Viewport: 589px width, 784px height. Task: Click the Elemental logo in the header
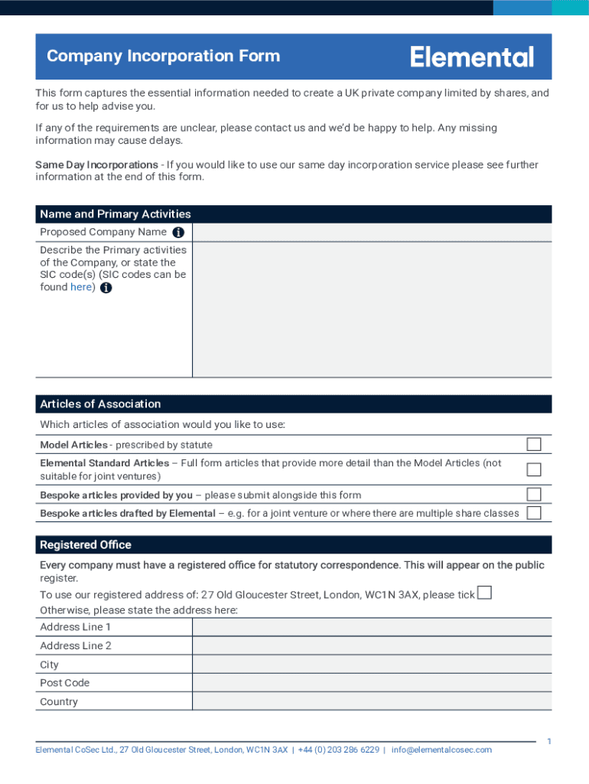(x=472, y=57)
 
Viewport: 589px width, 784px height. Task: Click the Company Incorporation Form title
(x=163, y=56)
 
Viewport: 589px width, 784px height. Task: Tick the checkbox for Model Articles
(x=533, y=444)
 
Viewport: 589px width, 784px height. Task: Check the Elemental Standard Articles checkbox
(x=533, y=469)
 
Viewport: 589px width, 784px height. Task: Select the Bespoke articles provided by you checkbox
(x=533, y=495)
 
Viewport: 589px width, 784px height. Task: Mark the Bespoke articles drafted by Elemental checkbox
(x=533, y=513)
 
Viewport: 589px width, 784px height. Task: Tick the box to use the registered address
(x=483, y=593)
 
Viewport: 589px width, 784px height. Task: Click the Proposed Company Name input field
(x=371, y=232)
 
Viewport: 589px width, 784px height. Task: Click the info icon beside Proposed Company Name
(x=178, y=232)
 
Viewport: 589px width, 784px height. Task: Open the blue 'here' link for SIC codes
(x=81, y=287)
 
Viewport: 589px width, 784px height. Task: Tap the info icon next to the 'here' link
(x=106, y=288)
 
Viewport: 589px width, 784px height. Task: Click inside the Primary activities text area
(x=371, y=309)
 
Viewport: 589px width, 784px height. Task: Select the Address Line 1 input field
(x=371, y=627)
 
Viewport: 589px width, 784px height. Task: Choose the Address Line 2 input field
(x=371, y=645)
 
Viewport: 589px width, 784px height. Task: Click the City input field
(x=371, y=665)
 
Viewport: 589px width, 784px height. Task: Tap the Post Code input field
(x=371, y=683)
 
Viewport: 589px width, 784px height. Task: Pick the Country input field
(x=371, y=701)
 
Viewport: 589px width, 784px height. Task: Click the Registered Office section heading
(x=86, y=545)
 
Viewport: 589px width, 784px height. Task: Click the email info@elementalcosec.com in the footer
(x=441, y=750)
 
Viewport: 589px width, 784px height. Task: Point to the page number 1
(x=548, y=741)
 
